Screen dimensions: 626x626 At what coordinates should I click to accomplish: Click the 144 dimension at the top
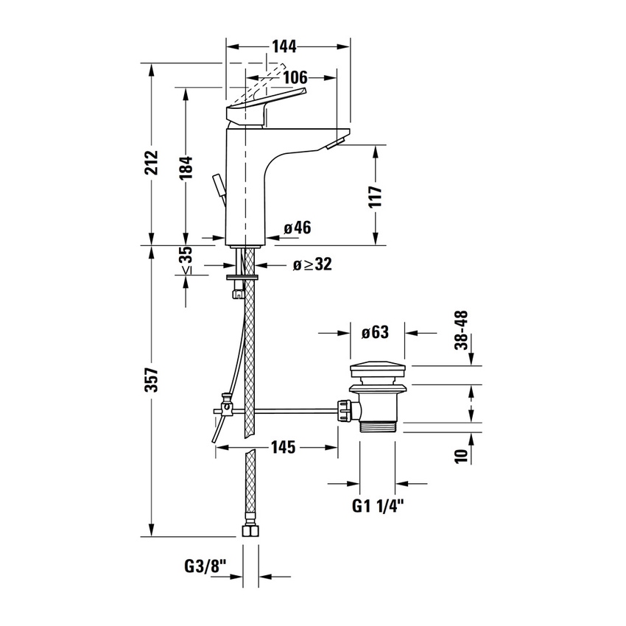point(284,47)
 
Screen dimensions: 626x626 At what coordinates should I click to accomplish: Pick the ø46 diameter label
point(297,228)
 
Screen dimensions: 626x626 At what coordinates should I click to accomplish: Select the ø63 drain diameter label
point(375,332)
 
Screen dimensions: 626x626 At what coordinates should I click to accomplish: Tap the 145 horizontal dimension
point(281,446)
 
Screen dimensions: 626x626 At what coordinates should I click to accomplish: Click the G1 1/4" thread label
point(378,506)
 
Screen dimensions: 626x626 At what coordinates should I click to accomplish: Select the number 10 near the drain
point(463,455)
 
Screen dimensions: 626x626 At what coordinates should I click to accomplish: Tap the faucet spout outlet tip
point(339,141)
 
